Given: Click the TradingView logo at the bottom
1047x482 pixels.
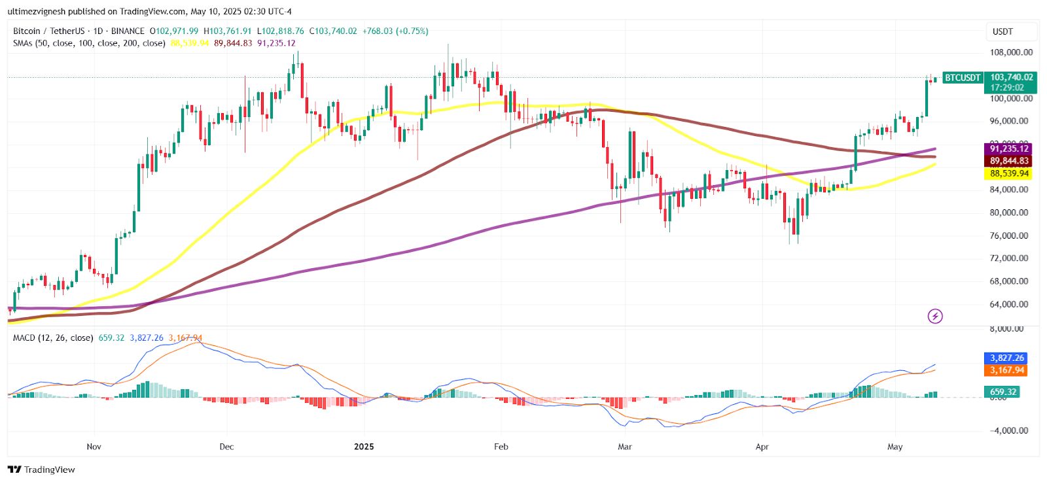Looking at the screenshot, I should pos(41,470).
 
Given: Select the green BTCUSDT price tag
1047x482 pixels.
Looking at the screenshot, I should pos(963,78).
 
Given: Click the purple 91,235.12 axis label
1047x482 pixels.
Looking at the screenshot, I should pos(1008,149).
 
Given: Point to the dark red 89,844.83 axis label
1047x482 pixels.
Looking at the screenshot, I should pos(1008,161).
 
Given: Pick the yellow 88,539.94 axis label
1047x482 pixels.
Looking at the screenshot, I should pos(1008,173).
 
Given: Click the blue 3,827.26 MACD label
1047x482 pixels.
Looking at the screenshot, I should pos(1007,358).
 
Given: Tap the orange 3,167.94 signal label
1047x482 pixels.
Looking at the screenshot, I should pos(1007,370).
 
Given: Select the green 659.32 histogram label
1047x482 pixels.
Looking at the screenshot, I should pos(1003,392).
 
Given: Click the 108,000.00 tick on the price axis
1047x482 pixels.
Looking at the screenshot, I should pos(1011,52).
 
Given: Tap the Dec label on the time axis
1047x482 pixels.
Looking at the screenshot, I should pos(226,447).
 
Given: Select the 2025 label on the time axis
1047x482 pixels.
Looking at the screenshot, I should pos(364,447).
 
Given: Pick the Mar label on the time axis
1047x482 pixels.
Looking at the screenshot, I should pos(625,447).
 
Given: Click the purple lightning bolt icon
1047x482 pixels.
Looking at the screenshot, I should pos(935,317).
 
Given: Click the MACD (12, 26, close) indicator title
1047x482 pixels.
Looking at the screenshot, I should pos(53,338).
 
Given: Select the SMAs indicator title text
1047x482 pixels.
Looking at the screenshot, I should pos(89,43).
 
